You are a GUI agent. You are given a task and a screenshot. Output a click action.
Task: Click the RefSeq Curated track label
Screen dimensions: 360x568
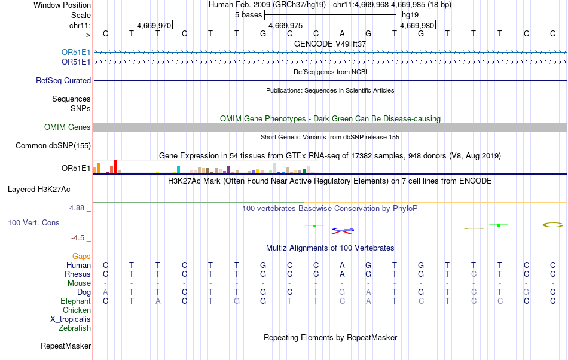pos(63,80)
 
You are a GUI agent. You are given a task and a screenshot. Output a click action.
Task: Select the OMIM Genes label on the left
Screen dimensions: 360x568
pos(68,127)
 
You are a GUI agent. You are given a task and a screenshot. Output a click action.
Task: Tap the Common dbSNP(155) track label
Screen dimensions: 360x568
pos(53,145)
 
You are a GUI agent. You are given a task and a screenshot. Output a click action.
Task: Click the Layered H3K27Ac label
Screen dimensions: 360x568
pos(39,189)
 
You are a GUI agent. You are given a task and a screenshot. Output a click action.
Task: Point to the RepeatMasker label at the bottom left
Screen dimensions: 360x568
pos(66,346)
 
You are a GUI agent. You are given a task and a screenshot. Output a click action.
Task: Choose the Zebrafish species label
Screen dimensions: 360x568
pos(75,328)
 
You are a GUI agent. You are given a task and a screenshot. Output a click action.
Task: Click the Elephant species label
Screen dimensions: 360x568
pos(75,301)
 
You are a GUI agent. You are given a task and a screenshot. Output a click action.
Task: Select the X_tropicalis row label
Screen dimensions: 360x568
pos(71,319)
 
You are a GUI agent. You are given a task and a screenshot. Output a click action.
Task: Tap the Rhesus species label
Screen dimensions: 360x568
pos(77,274)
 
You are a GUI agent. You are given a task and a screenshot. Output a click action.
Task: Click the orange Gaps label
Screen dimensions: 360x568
pos(81,256)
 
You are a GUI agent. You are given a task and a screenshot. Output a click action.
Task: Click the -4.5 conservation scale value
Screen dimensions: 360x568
pos(78,237)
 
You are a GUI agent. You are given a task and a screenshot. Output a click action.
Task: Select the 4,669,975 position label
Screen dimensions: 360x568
pos(286,26)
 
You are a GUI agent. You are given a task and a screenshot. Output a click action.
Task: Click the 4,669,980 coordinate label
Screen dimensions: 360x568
pos(417,26)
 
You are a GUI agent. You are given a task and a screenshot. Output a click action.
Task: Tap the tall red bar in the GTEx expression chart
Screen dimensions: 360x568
pos(115,166)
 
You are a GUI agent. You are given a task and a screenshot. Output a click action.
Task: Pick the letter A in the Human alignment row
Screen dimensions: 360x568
pos(342,265)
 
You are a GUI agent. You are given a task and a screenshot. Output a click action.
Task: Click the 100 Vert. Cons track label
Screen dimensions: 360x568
pos(34,222)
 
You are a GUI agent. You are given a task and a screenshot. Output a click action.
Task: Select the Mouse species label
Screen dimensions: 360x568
pos(79,283)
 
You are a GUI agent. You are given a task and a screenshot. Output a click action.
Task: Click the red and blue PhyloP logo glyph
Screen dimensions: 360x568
pos(343,230)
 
